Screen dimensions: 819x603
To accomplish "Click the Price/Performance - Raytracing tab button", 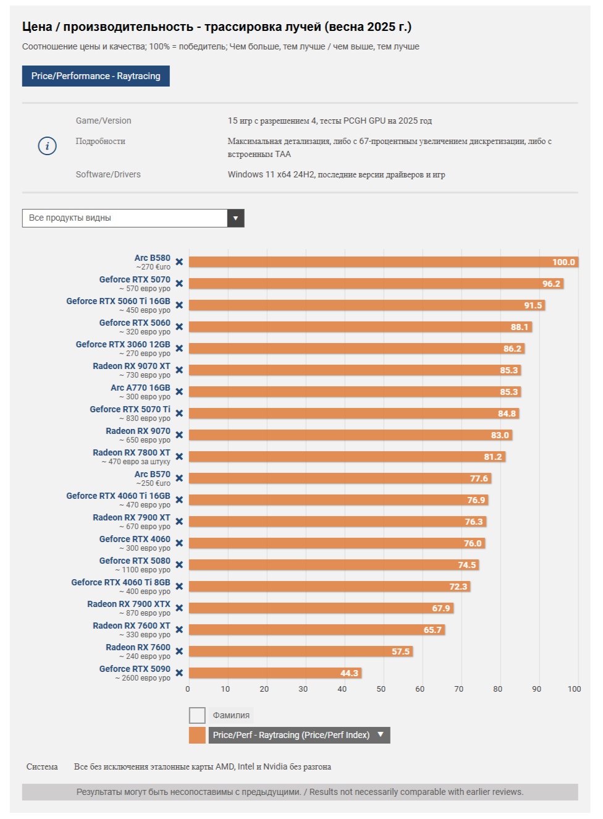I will pos(96,76).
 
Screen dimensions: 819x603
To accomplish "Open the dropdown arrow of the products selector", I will pos(235,218).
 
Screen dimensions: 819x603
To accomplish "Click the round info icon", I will pos(48,146).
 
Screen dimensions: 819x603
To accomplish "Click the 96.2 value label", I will pos(551,284).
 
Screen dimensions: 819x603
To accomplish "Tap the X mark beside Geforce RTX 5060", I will pos(179,327).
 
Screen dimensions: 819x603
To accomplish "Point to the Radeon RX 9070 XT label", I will pos(132,366).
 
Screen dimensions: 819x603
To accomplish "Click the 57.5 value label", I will pos(400,651).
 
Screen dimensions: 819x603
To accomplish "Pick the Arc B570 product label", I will pos(153,474).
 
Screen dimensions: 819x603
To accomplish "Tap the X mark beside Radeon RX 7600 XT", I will pos(179,630).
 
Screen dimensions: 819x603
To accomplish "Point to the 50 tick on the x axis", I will pos(381,689).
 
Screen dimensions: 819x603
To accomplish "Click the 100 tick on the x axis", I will pos(575,689).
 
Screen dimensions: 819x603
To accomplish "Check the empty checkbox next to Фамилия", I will pos(197,715).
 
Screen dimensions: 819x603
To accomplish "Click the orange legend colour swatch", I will pos(197,735).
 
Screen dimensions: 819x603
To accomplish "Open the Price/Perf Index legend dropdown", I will pos(381,735).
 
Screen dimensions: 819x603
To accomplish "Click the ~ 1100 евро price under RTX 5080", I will pos(143,570).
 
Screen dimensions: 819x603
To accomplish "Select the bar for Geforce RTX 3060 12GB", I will pos(355,349).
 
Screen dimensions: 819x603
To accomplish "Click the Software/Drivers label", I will pos(108,174).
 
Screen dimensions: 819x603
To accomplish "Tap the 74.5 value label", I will pos(467,565).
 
